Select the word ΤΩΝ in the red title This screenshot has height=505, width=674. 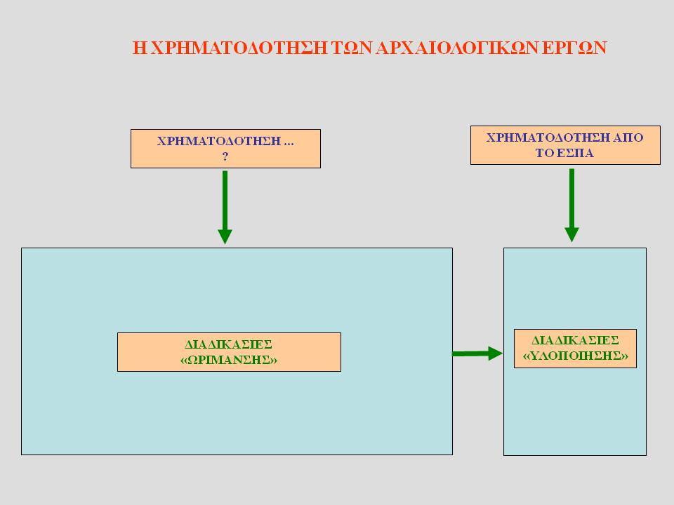click(352, 48)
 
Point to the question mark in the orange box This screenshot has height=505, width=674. click(225, 156)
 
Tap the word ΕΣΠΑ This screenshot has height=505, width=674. click(576, 154)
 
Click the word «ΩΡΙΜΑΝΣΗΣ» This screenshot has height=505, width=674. click(229, 360)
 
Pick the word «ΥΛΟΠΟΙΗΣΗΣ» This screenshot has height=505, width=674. click(575, 356)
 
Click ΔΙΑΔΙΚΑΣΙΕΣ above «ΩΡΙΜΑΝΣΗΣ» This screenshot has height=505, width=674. click(229, 344)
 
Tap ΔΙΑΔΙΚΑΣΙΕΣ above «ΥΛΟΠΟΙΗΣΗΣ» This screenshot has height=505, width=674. click(575, 341)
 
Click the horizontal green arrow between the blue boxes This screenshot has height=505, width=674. click(477, 353)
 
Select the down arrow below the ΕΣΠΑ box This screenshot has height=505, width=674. click(571, 206)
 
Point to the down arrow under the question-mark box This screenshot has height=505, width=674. click(225, 208)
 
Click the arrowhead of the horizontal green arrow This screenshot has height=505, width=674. click(495, 353)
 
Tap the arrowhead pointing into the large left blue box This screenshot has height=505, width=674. click(225, 236)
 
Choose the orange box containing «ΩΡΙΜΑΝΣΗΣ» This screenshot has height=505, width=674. click(229, 352)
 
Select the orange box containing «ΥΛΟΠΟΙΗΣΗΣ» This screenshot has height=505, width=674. click(575, 349)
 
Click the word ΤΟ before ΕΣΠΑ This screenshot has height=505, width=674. click(545, 154)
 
